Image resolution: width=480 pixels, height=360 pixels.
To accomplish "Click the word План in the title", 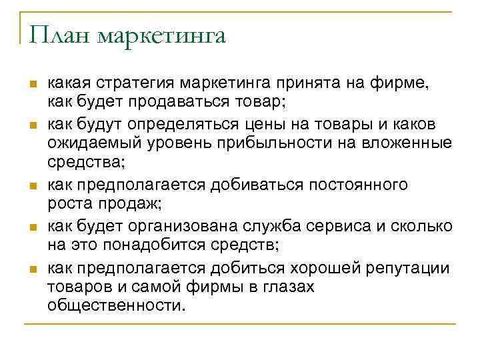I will (x=59, y=35).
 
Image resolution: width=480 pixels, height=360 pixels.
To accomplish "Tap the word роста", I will (x=67, y=204).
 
